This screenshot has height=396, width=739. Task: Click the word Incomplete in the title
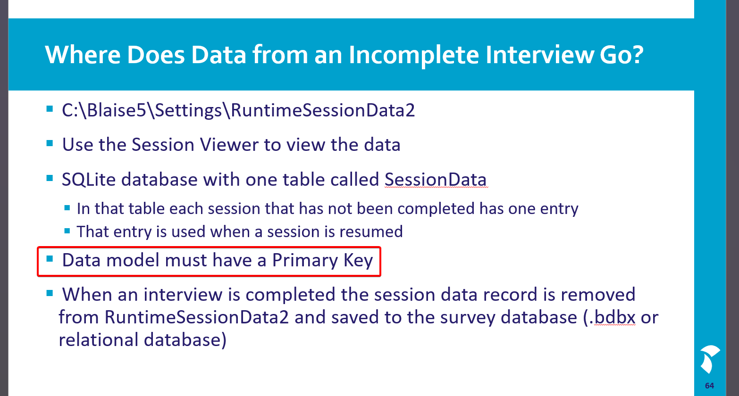(413, 55)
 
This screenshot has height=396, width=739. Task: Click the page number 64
(709, 386)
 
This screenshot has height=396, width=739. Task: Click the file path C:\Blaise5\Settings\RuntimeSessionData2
(238, 110)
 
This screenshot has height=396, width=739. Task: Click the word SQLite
(88, 180)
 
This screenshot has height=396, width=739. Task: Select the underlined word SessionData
(436, 180)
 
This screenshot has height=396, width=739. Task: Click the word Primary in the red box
(305, 260)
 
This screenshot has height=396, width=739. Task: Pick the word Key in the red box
(358, 260)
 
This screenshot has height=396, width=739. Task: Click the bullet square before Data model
(50, 259)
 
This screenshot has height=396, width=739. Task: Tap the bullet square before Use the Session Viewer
(50, 143)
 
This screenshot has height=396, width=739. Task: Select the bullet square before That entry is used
(67, 231)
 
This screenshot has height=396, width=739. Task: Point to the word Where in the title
(83, 55)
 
